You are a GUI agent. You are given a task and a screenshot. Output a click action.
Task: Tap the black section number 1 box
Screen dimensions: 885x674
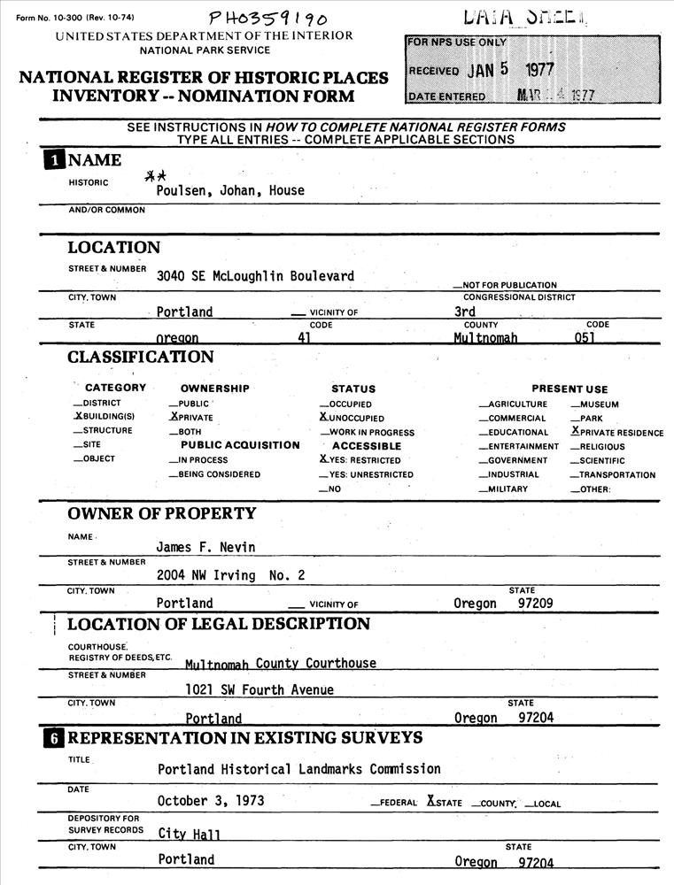point(55,160)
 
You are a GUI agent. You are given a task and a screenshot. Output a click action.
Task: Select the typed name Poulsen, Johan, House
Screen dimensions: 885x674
point(230,190)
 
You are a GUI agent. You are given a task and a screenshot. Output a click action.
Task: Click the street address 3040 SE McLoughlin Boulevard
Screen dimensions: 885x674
point(255,276)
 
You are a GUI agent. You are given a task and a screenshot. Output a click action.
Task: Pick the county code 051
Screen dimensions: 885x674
point(585,338)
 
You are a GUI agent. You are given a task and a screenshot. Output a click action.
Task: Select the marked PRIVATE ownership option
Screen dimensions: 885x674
point(191,417)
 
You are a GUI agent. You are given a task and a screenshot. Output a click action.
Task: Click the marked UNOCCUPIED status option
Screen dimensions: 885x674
point(352,418)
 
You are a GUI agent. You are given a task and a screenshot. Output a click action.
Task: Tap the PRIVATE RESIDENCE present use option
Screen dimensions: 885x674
point(617,432)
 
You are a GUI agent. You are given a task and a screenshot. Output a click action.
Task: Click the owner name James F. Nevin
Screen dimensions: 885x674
point(205,547)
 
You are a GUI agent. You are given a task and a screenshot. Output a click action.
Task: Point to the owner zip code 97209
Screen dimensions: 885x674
point(536,604)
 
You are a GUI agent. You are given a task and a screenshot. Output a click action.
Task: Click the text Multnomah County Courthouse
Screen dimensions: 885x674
point(280,664)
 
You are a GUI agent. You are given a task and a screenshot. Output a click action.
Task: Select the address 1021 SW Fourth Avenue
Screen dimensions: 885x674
point(260,689)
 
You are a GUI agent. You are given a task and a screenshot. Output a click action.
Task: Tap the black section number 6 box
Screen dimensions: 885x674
point(55,738)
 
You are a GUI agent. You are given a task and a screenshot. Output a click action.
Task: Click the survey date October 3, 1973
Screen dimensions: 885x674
point(211,801)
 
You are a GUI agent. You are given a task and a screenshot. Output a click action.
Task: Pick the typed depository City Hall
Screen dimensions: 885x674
point(190,834)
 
